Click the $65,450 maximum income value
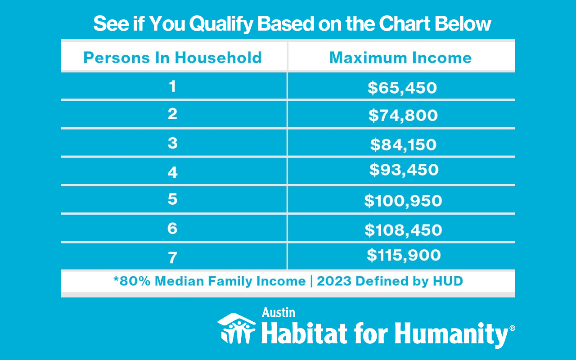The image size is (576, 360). [x=402, y=88]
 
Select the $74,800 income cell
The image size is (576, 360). [x=403, y=116]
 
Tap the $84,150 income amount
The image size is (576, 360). [x=404, y=144]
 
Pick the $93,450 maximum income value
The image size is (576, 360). [x=404, y=170]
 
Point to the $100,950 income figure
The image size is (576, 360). [x=403, y=201]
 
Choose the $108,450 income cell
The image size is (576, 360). [x=404, y=230]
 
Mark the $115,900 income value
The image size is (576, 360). [x=404, y=255]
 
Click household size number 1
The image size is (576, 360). [x=172, y=86]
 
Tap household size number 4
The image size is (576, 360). [x=172, y=172]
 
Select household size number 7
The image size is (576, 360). [x=172, y=258]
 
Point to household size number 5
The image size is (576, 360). [x=172, y=199]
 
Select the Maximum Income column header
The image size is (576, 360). [x=400, y=58]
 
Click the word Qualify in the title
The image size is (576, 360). [x=221, y=24]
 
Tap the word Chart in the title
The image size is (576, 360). [x=405, y=23]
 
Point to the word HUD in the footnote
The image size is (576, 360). [x=448, y=281]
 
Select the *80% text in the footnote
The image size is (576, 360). [x=132, y=281]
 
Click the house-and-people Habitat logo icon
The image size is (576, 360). [x=237, y=328]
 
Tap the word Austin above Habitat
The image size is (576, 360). [x=279, y=313]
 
